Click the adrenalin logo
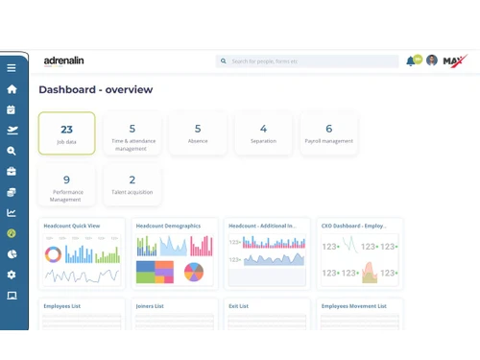click(x=63, y=60)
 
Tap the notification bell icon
click(x=411, y=60)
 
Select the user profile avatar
click(x=432, y=60)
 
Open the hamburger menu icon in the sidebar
click(x=12, y=68)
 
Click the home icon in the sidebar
click(x=12, y=89)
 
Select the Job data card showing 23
click(x=66, y=133)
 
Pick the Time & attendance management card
click(x=132, y=133)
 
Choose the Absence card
click(x=198, y=133)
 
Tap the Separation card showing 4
click(x=263, y=133)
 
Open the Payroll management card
click(x=328, y=133)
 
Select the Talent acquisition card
click(x=132, y=184)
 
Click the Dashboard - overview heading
click(x=95, y=89)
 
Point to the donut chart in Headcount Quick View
click(x=54, y=254)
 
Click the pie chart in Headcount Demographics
click(x=194, y=272)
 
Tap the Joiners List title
click(x=150, y=306)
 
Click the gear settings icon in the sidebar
click(x=12, y=275)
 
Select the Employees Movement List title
click(x=353, y=306)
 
